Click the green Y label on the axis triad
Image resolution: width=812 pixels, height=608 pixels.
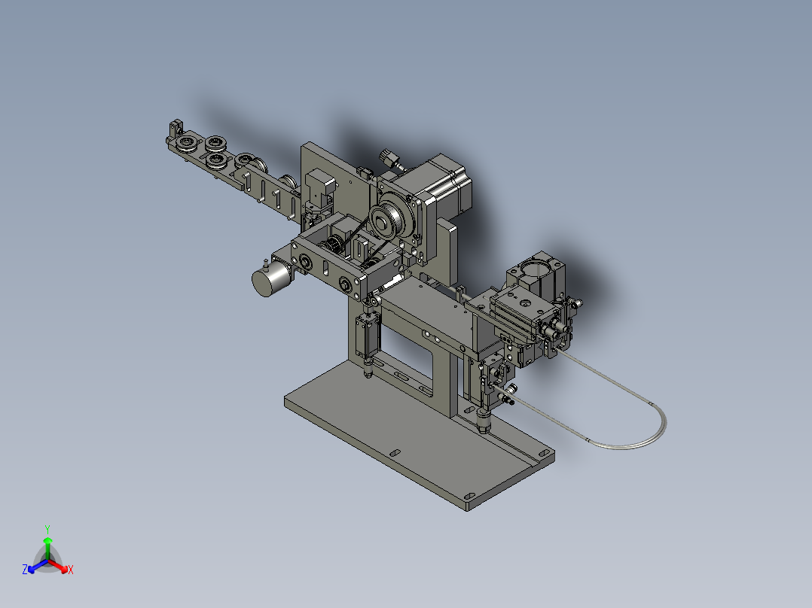pyautogui.click(x=47, y=529)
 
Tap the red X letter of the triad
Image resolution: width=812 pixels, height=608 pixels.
pyautogui.click(x=71, y=570)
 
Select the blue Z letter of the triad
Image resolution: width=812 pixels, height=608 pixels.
pyautogui.click(x=25, y=570)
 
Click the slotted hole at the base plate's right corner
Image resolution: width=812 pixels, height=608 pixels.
pyautogui.click(x=542, y=454)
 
